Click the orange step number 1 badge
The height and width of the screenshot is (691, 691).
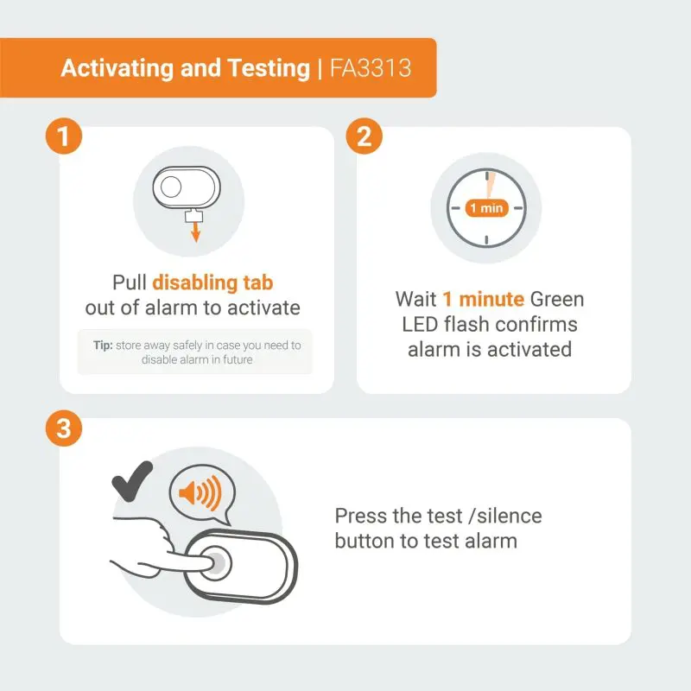pyautogui.click(x=64, y=136)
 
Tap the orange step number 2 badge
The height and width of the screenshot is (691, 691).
pyautogui.click(x=364, y=136)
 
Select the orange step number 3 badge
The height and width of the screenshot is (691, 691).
pyautogui.click(x=64, y=428)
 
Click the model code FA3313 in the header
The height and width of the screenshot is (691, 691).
pyautogui.click(x=371, y=68)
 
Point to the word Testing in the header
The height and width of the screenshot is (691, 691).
pyautogui.click(x=269, y=69)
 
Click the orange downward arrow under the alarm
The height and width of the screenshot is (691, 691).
pyautogui.click(x=196, y=231)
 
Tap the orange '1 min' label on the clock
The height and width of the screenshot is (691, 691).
pyautogui.click(x=486, y=208)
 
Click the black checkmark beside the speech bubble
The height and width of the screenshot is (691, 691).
pyautogui.click(x=132, y=481)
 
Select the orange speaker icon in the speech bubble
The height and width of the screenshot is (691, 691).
pyautogui.click(x=200, y=493)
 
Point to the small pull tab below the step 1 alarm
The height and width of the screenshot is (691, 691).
pyautogui.click(x=193, y=216)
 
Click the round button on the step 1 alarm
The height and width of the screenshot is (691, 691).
pyautogui.click(x=171, y=187)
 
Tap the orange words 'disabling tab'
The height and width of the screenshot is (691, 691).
pyautogui.click(x=212, y=283)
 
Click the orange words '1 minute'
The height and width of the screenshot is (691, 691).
pyautogui.click(x=484, y=299)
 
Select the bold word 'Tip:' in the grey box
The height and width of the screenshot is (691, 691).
pyautogui.click(x=103, y=345)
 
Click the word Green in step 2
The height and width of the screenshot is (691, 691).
pyautogui.click(x=557, y=299)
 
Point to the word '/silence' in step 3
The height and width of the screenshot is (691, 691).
pyautogui.click(x=505, y=516)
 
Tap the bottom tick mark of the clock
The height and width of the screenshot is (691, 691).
pyautogui.click(x=486, y=240)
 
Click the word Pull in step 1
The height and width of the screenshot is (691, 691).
pyautogui.click(x=129, y=283)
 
